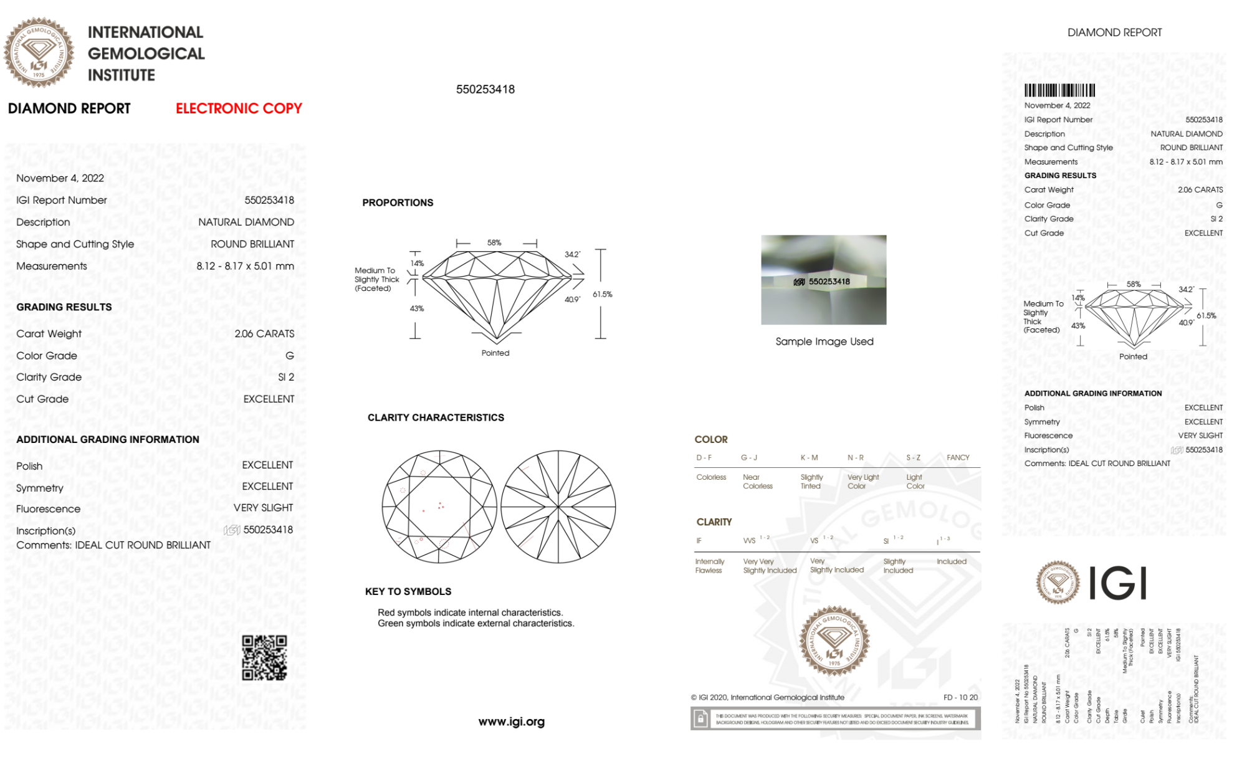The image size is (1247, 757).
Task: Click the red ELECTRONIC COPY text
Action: (x=239, y=108)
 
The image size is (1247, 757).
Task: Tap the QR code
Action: (x=264, y=658)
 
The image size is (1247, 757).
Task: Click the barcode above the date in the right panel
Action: (x=1059, y=90)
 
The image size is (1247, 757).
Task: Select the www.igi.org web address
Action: (x=511, y=721)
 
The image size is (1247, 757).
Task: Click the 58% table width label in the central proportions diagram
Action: (x=494, y=243)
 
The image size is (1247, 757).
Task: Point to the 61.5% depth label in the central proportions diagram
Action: (x=602, y=294)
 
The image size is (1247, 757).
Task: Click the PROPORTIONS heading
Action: (x=398, y=202)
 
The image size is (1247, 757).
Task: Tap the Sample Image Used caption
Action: (x=824, y=341)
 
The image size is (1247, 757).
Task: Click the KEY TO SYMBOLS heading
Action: (x=408, y=591)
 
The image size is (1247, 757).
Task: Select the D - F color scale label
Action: (x=704, y=457)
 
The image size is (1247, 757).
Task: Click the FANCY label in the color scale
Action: (x=958, y=457)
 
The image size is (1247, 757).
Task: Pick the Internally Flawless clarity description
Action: (x=709, y=566)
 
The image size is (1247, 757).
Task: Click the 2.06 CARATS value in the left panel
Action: (x=264, y=334)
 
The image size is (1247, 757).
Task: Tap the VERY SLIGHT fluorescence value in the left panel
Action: (x=263, y=508)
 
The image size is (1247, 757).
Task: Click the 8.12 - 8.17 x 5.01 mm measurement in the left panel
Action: (x=245, y=266)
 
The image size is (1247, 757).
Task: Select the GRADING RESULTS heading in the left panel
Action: (x=64, y=307)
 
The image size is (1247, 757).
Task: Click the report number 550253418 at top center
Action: (x=485, y=89)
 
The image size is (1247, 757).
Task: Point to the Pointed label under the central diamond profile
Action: (x=495, y=353)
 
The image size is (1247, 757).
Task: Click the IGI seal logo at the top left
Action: (x=39, y=52)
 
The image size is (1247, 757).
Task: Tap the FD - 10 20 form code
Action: (x=960, y=697)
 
